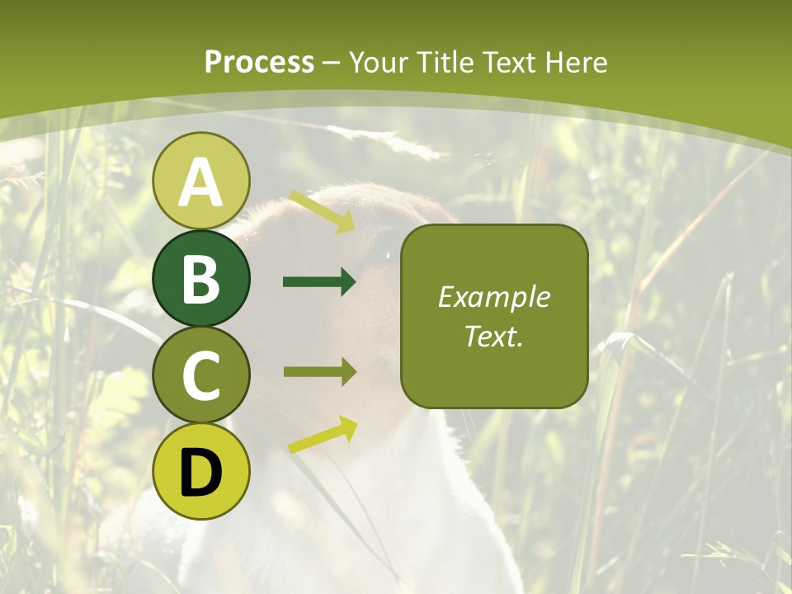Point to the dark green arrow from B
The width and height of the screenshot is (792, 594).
319,282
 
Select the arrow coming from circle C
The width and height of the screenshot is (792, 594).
319,371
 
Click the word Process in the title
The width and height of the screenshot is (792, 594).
259,63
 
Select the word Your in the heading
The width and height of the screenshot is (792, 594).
379,63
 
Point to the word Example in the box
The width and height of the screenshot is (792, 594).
494,297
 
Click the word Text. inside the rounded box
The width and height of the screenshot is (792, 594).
494,337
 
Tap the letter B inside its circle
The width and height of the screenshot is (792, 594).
201,279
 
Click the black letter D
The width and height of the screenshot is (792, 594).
201,472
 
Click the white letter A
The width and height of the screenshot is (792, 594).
201,182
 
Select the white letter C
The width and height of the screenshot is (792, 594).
201,375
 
